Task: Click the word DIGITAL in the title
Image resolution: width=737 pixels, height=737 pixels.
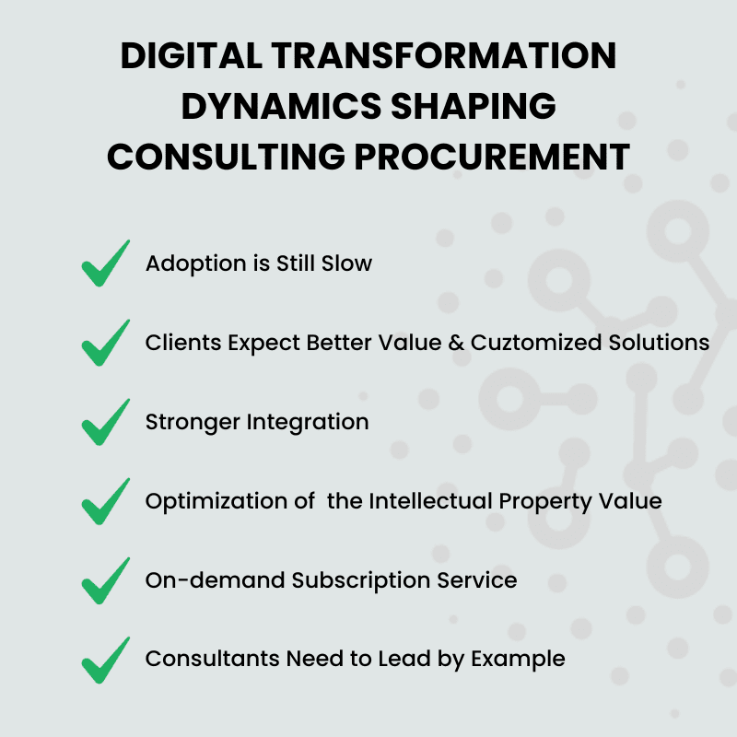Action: pos(191,55)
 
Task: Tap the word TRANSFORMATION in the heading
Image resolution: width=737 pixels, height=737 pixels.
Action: pos(444,55)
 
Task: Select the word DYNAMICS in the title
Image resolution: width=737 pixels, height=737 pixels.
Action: pos(281,106)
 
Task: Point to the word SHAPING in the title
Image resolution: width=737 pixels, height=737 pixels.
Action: pos(474,106)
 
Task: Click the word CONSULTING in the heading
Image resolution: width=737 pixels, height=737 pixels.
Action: pos(226,156)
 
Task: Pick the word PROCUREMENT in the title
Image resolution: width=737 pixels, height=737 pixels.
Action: pos(492,156)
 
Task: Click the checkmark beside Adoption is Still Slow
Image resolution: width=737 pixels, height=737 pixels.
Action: pos(106,263)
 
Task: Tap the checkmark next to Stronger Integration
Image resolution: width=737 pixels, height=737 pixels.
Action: pos(106,422)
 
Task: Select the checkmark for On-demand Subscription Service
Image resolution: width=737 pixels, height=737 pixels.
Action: pos(106,580)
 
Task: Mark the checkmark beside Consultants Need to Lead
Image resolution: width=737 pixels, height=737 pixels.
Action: pos(106,660)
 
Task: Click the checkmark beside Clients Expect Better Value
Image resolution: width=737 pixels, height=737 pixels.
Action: pos(106,343)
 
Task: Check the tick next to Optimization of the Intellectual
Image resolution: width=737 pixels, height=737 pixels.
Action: pos(106,501)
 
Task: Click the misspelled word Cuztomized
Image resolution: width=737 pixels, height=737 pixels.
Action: pos(536,343)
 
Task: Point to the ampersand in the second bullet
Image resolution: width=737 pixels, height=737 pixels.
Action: pos(456,343)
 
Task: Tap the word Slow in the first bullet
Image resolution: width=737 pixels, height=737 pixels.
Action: pos(347,263)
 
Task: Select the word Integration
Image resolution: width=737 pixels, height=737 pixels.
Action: pos(308,422)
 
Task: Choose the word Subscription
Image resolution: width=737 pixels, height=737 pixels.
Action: pos(361,581)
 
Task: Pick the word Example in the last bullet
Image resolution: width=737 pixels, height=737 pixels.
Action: pos(518,660)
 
